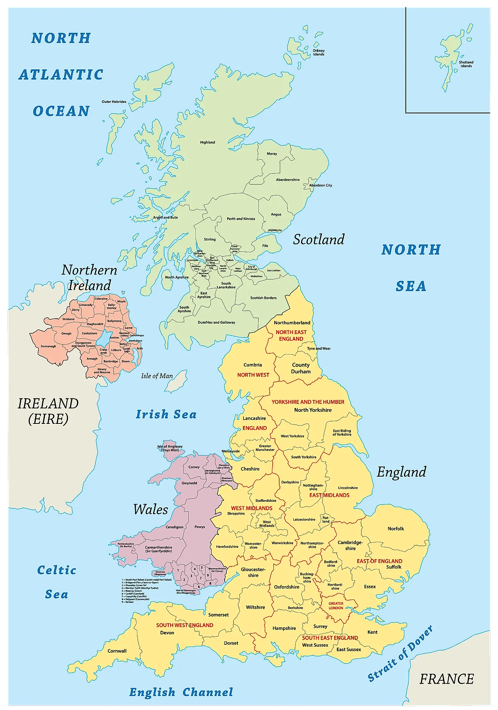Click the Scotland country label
point(319,239)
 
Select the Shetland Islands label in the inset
point(466,64)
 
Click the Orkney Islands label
point(318,52)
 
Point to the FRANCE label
point(446,679)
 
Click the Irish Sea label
point(166,414)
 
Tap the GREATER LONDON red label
point(336,606)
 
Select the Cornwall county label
point(117,651)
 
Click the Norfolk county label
point(396,529)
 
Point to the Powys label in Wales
point(200,527)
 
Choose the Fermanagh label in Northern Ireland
point(48,346)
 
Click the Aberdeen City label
point(321,185)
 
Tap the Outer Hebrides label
point(114,101)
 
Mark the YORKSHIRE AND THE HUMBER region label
point(308,402)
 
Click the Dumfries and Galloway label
point(216,322)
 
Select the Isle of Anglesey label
point(170,448)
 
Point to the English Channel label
point(181,692)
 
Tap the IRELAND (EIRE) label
point(48,411)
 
